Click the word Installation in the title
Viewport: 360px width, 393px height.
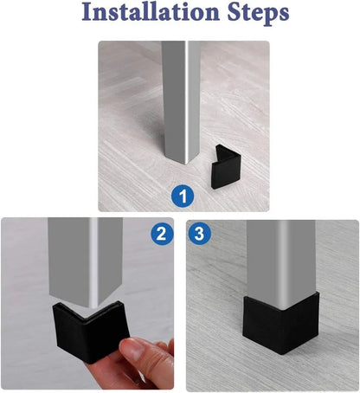(x=151, y=12)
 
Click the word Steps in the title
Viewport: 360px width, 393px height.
(x=258, y=14)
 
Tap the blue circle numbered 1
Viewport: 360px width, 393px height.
(x=183, y=196)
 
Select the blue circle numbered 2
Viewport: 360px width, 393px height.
(x=162, y=234)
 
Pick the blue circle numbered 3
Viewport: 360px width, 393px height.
(x=199, y=234)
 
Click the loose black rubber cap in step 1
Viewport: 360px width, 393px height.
(x=226, y=166)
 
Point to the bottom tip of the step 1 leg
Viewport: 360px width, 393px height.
(x=186, y=164)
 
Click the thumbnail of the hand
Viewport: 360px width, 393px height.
(x=132, y=348)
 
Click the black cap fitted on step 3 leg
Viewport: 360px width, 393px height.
(x=280, y=323)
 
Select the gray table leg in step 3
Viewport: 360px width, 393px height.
(x=280, y=262)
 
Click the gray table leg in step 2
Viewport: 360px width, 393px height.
(x=86, y=260)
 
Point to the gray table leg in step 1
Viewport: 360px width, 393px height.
(x=180, y=101)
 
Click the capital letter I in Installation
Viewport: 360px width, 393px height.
(x=87, y=12)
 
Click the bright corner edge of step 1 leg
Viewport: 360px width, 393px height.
(x=187, y=101)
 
